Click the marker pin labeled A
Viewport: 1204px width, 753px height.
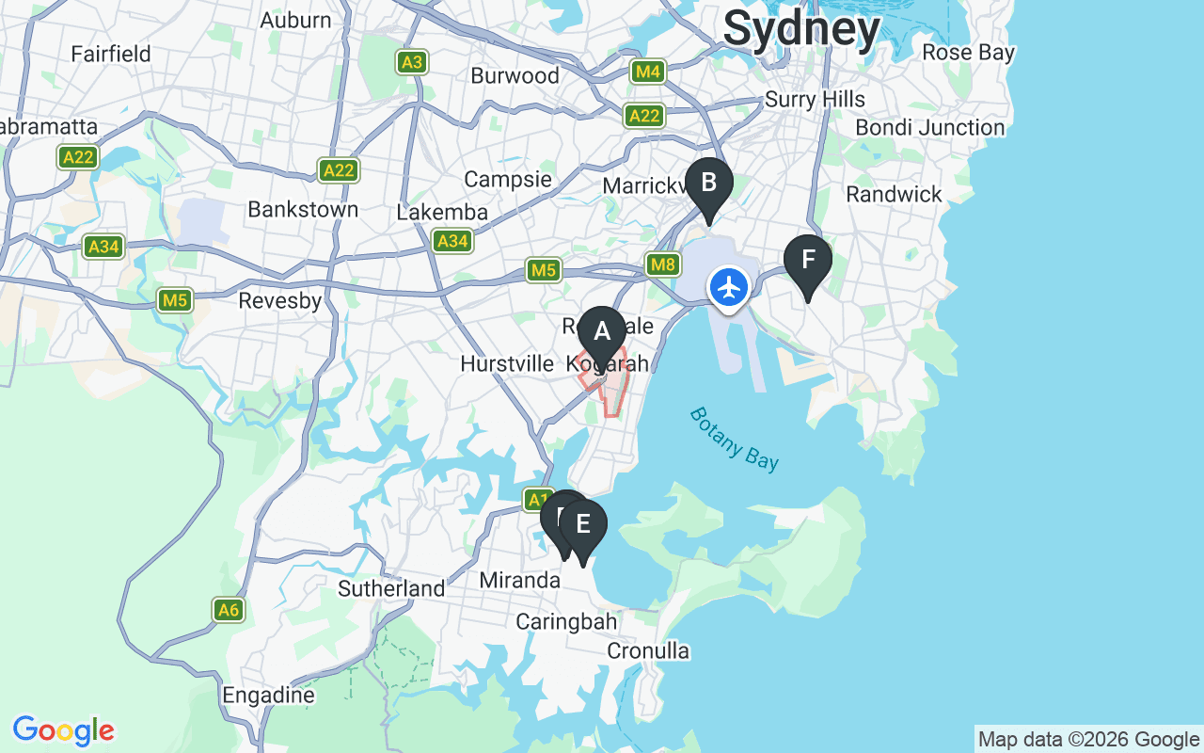(x=601, y=332)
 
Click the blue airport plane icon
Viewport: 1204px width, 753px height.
(x=729, y=286)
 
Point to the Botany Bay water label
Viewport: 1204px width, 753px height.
(x=734, y=439)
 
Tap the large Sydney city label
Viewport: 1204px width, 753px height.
(x=801, y=28)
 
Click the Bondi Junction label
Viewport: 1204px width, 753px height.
(x=929, y=127)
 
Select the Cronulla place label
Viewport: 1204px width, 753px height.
(x=648, y=650)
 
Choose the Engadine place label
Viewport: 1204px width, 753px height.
(x=268, y=696)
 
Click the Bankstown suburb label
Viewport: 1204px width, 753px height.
(x=303, y=209)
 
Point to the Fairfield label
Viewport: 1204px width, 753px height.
(x=111, y=54)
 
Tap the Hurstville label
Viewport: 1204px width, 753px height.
(x=507, y=363)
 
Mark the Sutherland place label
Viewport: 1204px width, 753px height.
(x=391, y=589)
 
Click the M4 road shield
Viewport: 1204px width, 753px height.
(x=648, y=71)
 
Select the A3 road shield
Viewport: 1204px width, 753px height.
(x=411, y=62)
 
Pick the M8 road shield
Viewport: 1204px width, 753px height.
(x=663, y=264)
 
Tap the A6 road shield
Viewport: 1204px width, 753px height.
(x=229, y=610)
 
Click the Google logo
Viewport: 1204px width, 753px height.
(x=63, y=730)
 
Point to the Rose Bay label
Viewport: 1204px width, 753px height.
(x=968, y=53)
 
